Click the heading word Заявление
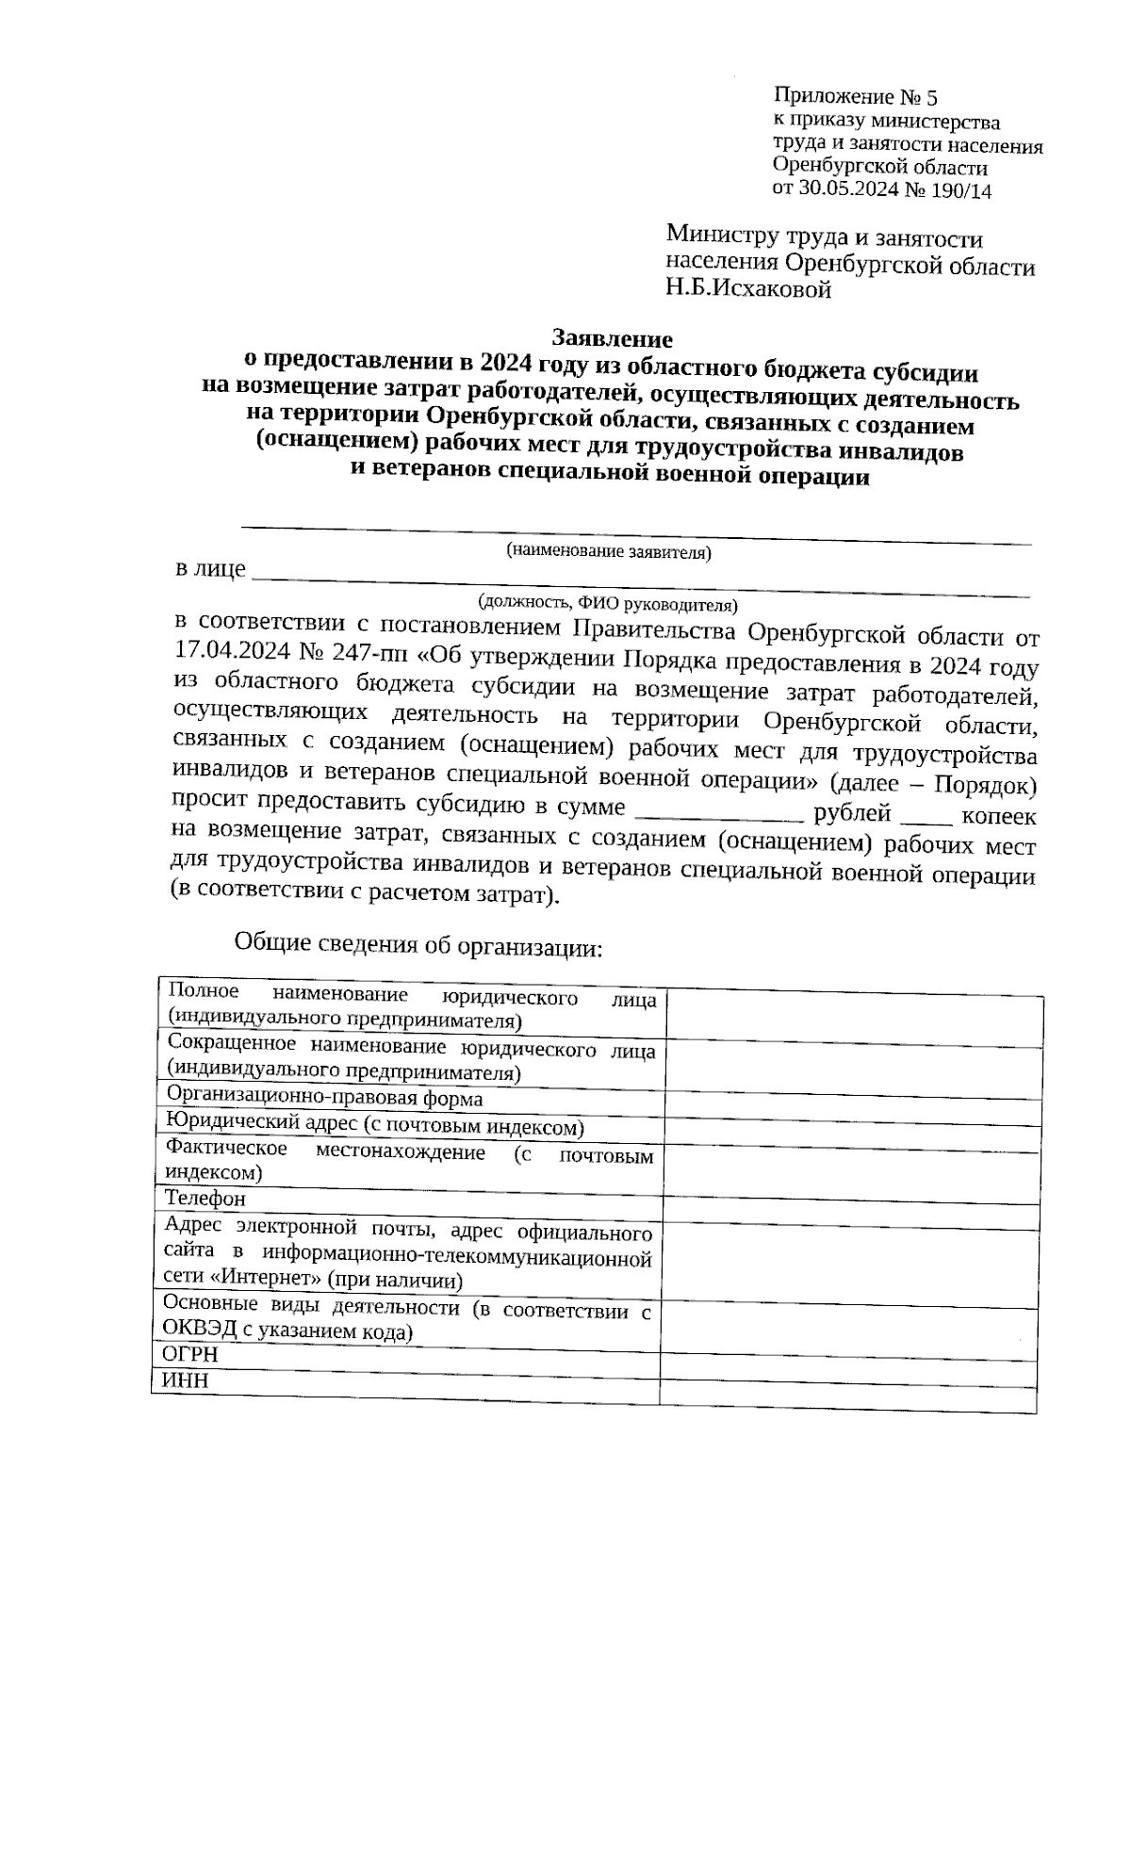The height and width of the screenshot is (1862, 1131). [612, 337]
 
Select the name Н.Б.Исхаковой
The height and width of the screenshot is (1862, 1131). [748, 290]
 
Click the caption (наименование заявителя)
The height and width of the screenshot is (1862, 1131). [608, 551]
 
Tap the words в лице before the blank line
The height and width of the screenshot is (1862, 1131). [210, 569]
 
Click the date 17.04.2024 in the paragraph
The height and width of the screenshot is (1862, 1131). [232, 651]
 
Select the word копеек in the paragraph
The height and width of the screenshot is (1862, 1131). [1000, 816]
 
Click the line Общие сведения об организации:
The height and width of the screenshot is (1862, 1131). [418, 945]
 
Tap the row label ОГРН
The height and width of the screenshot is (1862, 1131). [190, 1354]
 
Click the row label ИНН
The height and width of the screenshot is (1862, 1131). [185, 1381]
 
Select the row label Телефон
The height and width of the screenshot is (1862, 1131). [205, 1199]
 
